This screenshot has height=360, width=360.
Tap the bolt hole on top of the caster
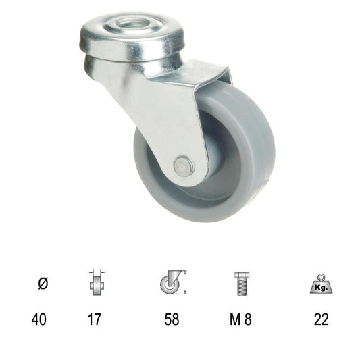pyautogui.click(x=127, y=24)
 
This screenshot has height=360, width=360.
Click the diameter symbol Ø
pyautogui.click(x=43, y=283)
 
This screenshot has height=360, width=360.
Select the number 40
pyautogui.click(x=38, y=319)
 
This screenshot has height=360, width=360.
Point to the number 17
pyautogui.click(x=95, y=319)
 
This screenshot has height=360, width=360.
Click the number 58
pyautogui.click(x=172, y=319)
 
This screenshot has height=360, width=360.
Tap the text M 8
pyautogui.click(x=240, y=319)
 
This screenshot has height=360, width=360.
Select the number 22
pyautogui.click(x=322, y=319)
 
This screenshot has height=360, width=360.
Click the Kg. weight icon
pyautogui.click(x=322, y=284)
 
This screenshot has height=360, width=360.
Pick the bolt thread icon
pyautogui.click(x=242, y=284)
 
